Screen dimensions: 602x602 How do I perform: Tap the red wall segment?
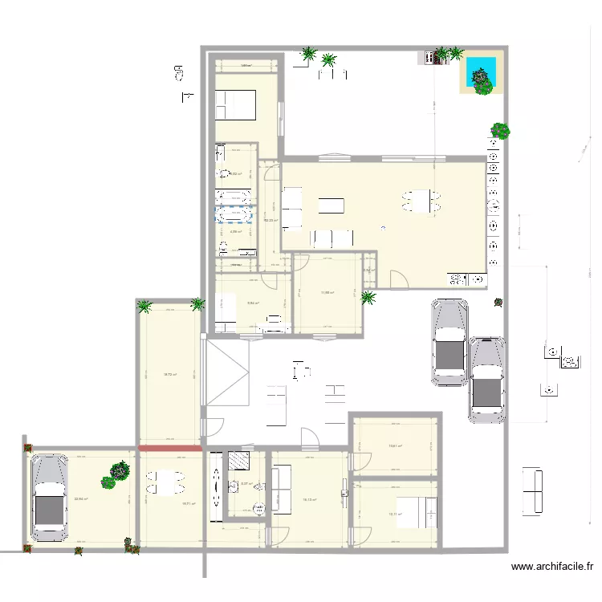tap(169, 448)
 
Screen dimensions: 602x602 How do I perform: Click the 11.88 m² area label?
tap(327, 292)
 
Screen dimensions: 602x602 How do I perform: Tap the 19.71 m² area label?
tap(189, 504)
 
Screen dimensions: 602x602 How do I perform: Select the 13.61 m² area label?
tap(395, 446)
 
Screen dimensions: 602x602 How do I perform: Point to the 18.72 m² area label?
tap(170, 374)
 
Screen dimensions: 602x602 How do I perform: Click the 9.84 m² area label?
tap(252, 303)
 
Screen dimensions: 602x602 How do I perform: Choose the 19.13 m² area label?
tap(309, 499)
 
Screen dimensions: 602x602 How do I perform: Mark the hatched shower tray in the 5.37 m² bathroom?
tap(238, 461)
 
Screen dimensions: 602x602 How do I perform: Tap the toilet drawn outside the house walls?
tap(178, 75)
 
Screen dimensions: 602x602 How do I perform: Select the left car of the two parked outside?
tap(449, 342)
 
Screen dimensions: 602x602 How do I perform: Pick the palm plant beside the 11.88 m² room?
tap(368, 298)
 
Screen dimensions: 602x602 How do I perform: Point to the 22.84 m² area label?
tap(81, 499)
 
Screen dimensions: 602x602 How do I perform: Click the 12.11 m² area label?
tap(394, 515)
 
